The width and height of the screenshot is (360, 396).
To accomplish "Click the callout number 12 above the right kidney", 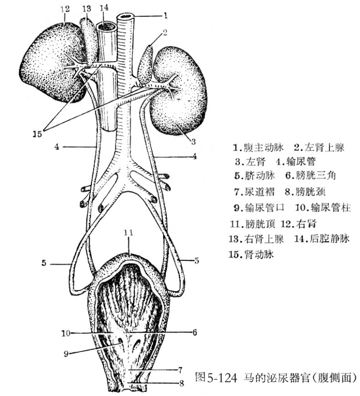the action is click(x=65, y=8).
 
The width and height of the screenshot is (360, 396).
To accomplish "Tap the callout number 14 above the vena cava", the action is click(x=103, y=7).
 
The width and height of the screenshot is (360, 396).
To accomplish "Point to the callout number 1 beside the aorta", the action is click(x=165, y=15).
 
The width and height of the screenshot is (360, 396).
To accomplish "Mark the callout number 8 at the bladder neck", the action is click(x=181, y=382).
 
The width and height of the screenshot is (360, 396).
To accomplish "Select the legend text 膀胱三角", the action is click(x=330, y=177).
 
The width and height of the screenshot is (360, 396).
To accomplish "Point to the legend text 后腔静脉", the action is click(x=334, y=239).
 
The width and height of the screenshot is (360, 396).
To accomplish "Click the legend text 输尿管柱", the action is click(x=335, y=208).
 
